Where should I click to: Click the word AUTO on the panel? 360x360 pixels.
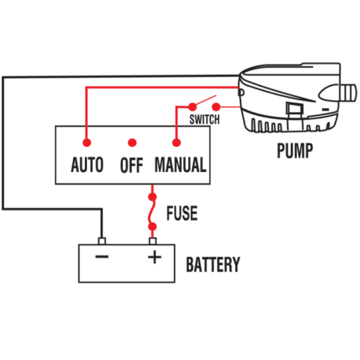click(x=87, y=164)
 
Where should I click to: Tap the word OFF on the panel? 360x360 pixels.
click(x=132, y=165)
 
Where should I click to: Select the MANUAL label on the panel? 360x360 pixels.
click(x=181, y=164)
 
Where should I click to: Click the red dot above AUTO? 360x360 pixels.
click(x=87, y=143)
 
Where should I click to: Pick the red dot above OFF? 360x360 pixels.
click(x=132, y=143)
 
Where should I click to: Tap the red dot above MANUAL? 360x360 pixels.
click(x=177, y=143)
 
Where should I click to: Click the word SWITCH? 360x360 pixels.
click(x=204, y=120)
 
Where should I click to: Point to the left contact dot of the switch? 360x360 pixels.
click(x=192, y=107)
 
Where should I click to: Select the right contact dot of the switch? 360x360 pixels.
click(x=216, y=107)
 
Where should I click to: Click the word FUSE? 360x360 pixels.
click(x=182, y=213)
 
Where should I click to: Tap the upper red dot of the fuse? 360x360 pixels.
click(x=152, y=197)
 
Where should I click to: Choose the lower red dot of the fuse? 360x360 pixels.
click(x=152, y=227)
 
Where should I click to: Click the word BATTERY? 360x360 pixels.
click(x=213, y=264)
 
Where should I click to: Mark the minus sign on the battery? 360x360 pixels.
click(x=102, y=257)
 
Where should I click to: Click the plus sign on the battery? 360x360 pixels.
click(x=154, y=257)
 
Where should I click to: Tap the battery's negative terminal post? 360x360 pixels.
click(x=102, y=241)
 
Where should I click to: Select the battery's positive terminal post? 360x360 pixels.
click(x=153, y=241)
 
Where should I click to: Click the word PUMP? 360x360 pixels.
click(x=295, y=151)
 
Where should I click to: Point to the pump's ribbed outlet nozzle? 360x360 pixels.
click(x=348, y=93)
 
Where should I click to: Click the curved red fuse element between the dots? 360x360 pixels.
click(x=151, y=212)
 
